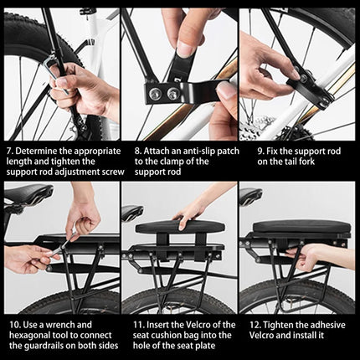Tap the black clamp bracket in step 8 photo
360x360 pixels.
[x=172, y=90]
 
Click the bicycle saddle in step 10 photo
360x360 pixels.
[x=25, y=196]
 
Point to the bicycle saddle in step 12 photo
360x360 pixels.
[x=249, y=196]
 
